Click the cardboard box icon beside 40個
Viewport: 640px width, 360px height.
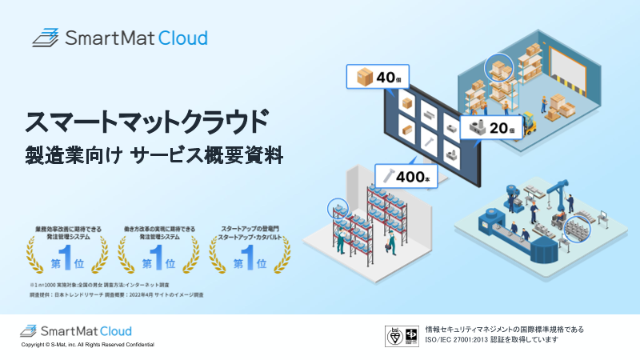pos(364,78)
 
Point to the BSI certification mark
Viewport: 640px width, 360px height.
pos(394,334)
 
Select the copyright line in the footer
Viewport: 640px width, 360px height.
pos(88,345)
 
